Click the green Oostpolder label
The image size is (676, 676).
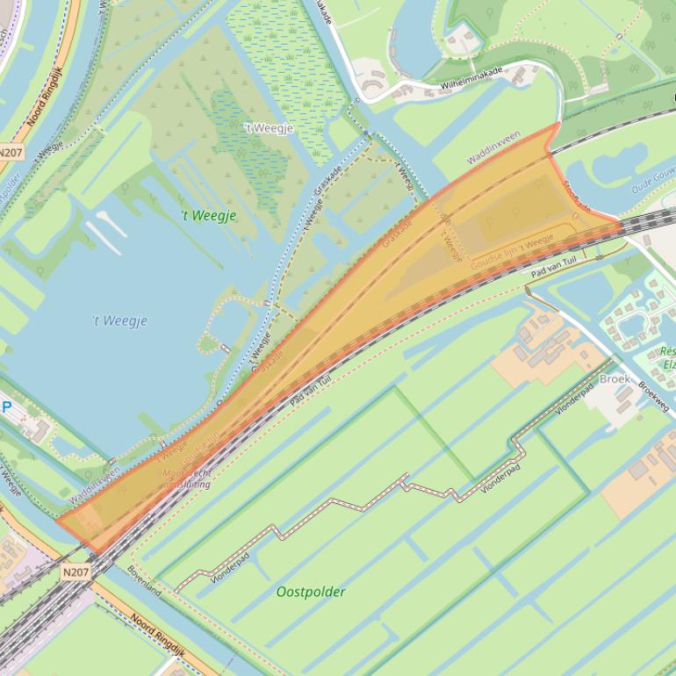point(311,592)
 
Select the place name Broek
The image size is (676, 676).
point(615,379)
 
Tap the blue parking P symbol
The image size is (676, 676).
point(8,407)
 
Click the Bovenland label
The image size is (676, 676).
point(144,580)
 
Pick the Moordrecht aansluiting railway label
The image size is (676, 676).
point(187,478)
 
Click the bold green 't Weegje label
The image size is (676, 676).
point(208,216)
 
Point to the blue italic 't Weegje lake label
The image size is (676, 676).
point(119,321)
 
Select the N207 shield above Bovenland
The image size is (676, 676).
point(76,572)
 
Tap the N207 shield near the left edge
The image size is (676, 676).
point(11,152)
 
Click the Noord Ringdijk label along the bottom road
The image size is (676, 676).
point(157,633)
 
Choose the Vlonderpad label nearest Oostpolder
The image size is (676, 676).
point(230,567)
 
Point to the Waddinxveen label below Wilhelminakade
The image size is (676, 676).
point(493,147)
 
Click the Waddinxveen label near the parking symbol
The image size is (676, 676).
point(94,485)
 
